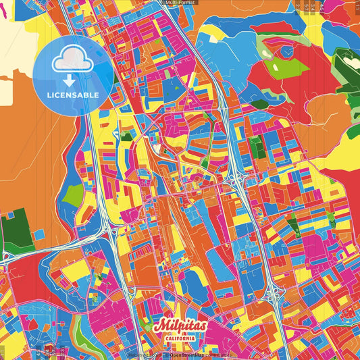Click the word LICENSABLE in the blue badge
pos(72,95)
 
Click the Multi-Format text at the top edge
pos(180,3)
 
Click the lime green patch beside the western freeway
pos(73,195)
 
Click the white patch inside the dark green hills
pos(351,62)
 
